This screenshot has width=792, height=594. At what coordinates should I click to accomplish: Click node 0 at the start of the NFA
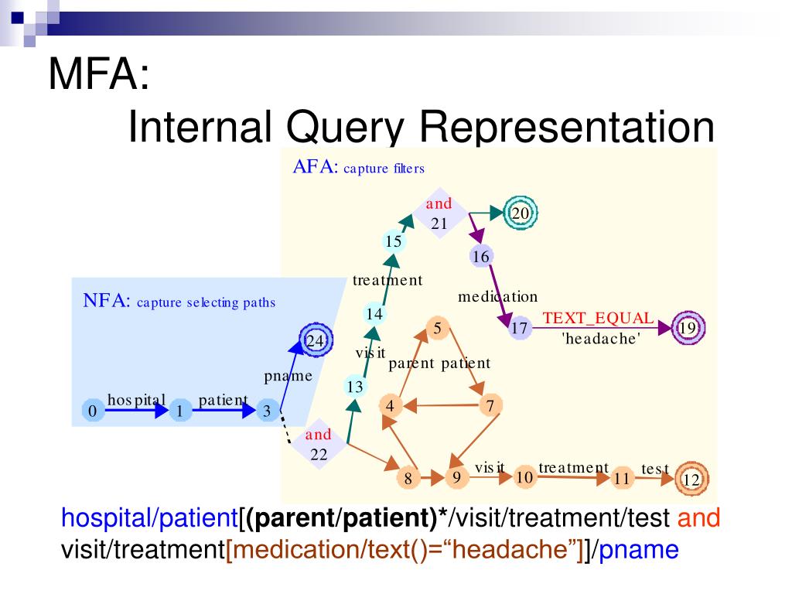tap(92, 411)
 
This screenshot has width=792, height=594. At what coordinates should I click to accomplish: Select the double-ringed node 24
tap(316, 340)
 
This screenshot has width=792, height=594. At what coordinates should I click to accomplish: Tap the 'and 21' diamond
tap(439, 214)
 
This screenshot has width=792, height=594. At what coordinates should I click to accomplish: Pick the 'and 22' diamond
tap(319, 444)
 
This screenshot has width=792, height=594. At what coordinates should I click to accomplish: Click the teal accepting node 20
tap(520, 213)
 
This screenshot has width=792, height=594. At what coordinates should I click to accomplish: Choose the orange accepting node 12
tap(691, 480)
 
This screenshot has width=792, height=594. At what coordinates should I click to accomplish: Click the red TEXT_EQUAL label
tap(598, 318)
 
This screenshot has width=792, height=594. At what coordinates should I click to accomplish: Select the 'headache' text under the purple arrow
tap(601, 338)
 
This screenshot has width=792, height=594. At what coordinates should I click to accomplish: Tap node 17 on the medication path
tap(520, 329)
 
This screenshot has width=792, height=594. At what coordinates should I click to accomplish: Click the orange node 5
tap(437, 329)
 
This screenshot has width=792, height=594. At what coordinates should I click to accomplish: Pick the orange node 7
tap(490, 405)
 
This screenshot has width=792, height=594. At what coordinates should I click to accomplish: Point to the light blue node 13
tap(356, 387)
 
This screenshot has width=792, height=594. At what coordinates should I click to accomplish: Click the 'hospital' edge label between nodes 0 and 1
tap(137, 399)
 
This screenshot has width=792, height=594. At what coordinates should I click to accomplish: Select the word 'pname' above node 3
tap(288, 377)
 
